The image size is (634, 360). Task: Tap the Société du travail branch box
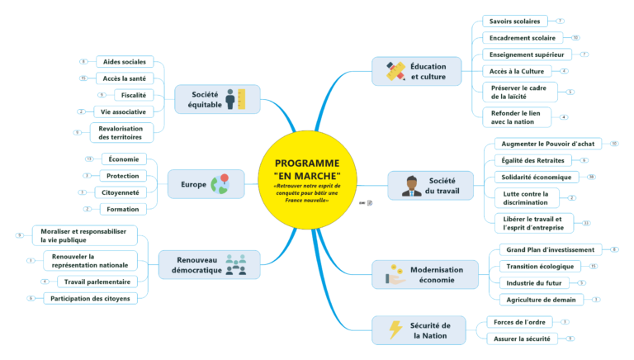(x=430, y=185)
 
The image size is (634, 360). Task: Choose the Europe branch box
(x=206, y=183)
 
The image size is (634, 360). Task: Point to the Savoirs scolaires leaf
(x=514, y=21)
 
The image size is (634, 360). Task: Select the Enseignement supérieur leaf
(x=526, y=54)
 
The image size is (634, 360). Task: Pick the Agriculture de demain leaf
(x=541, y=299)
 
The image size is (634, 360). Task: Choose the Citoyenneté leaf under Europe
(x=122, y=192)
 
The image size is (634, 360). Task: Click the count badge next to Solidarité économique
(x=591, y=177)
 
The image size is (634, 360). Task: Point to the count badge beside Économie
(x=88, y=159)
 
